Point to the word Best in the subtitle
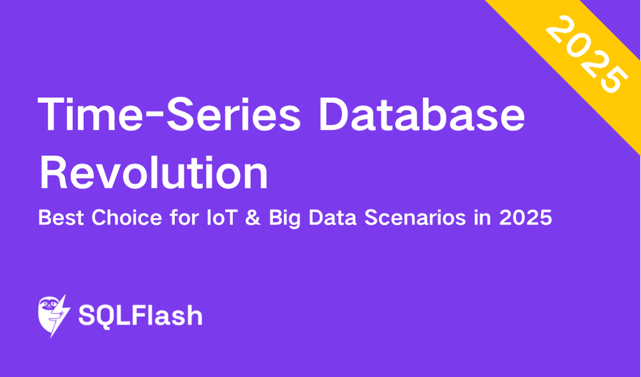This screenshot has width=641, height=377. click(x=61, y=218)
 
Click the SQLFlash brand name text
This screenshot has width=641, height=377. click(x=140, y=316)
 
